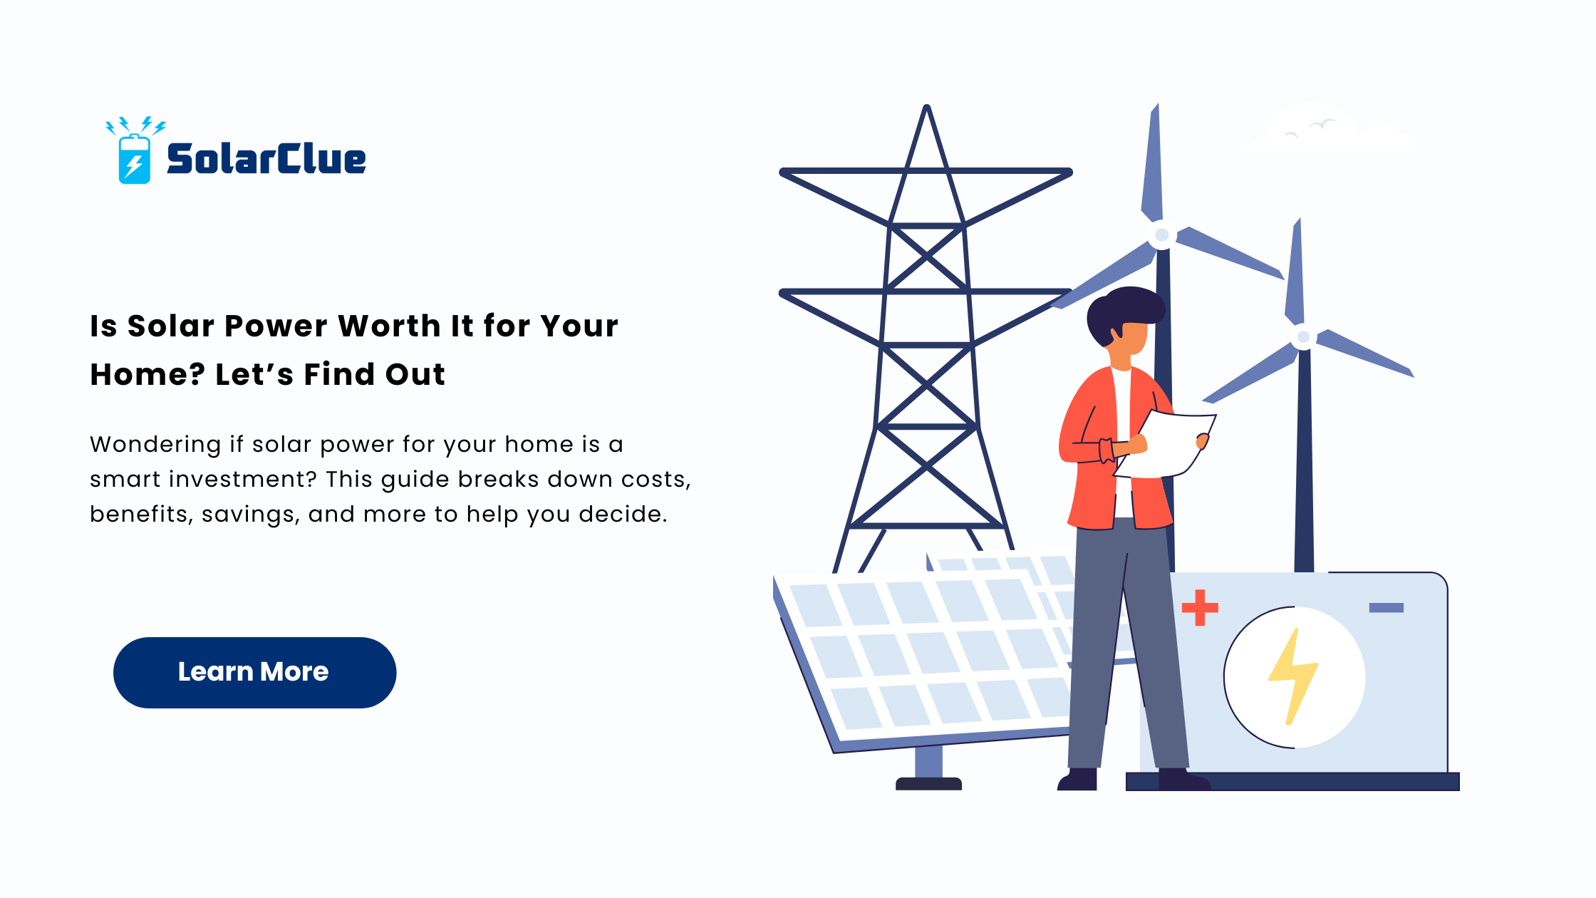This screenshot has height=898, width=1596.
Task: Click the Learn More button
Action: [254, 672]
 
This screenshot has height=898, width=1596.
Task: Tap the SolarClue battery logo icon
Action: [135, 151]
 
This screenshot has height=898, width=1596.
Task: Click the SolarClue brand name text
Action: [266, 158]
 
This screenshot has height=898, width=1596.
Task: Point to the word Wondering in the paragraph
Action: [155, 445]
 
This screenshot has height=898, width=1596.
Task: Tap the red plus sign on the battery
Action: [1200, 607]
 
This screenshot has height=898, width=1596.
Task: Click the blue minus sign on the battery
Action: [1387, 608]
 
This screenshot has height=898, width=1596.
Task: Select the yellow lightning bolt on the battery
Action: [1293, 676]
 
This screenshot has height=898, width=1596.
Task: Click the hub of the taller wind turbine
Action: [1162, 234]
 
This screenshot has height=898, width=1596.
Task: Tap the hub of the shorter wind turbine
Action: [1303, 336]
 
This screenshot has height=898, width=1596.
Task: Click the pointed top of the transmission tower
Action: [927, 107]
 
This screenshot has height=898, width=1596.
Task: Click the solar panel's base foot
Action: [928, 783]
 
